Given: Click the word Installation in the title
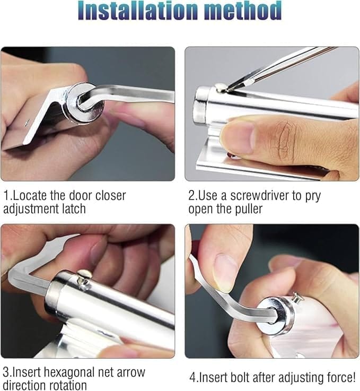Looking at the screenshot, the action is click(x=139, y=11).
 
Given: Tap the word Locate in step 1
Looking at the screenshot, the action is click(x=30, y=195).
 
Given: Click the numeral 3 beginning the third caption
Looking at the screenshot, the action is click(x=6, y=372).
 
